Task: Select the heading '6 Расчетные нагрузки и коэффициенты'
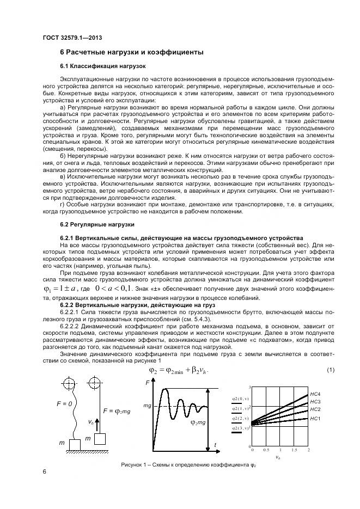tap(131, 53)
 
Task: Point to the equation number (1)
tap(330, 370)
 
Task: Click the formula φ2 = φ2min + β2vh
tap(178, 370)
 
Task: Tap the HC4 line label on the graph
tap(315, 394)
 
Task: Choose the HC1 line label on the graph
tap(315, 418)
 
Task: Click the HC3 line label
tap(315, 402)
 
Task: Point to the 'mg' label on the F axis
tap(147, 406)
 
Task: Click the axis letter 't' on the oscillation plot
tap(216, 445)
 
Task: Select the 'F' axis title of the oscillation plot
tap(148, 384)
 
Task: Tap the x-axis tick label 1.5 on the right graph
tap(294, 450)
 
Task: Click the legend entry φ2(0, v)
tap(240, 398)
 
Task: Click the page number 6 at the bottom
tap(44, 471)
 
